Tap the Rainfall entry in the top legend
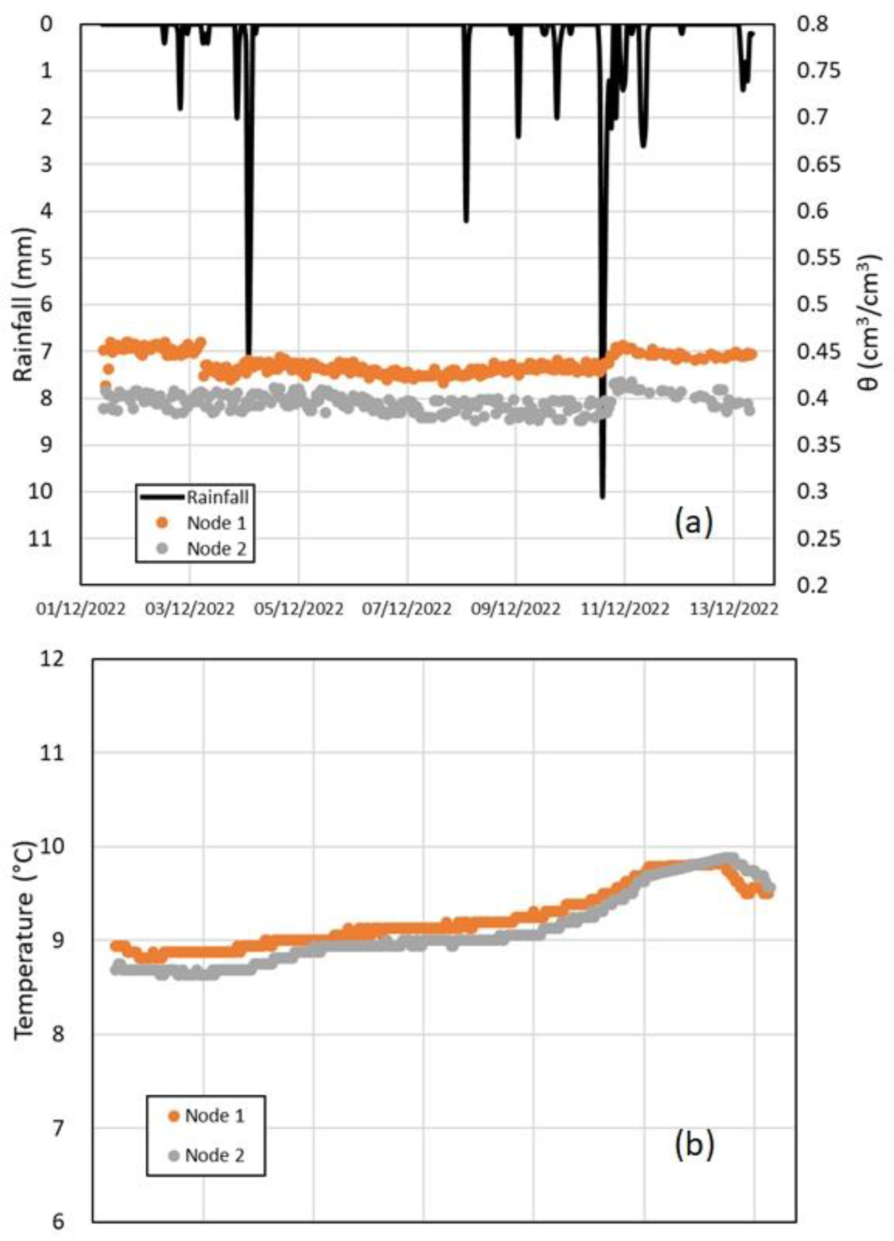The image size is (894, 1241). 217,497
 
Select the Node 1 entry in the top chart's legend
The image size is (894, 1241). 216,522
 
